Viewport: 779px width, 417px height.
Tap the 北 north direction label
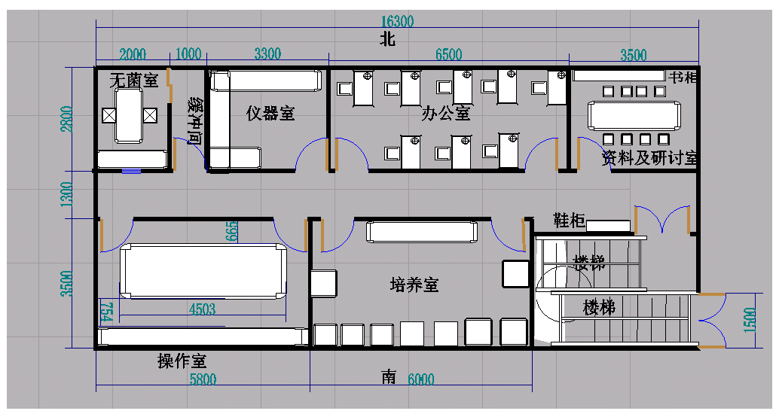click(x=387, y=41)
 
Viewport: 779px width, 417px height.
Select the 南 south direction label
click(x=389, y=378)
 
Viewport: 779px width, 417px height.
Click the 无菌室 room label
click(x=133, y=80)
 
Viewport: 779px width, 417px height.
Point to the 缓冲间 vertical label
click(x=194, y=120)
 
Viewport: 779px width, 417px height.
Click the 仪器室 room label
click(x=270, y=114)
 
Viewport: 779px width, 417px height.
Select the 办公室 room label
click(x=446, y=114)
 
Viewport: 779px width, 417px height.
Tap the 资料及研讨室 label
click(x=649, y=159)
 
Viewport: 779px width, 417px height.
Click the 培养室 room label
click(x=414, y=285)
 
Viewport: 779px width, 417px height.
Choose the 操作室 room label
click(x=182, y=361)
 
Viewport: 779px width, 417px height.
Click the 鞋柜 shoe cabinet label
click(x=569, y=221)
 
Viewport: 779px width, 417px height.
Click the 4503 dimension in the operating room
click(x=202, y=309)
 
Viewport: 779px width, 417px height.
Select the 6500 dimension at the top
click(x=448, y=54)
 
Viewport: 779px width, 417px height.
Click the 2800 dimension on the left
click(x=68, y=118)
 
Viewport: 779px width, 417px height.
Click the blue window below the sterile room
click(x=132, y=171)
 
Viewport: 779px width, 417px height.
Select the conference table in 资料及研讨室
click(x=635, y=115)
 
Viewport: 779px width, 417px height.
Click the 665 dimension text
click(x=231, y=232)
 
